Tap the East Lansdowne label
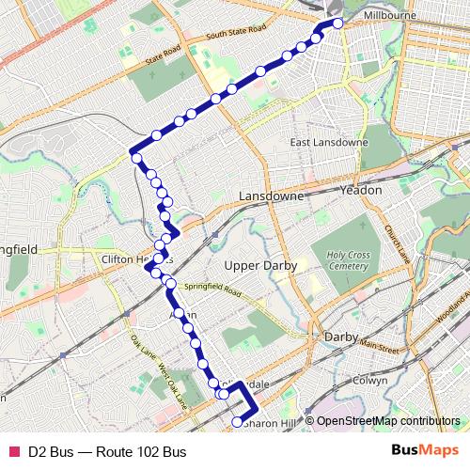coord(325,143)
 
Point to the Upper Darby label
coord(260,266)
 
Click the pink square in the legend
coord(13,452)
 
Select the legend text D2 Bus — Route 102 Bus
coord(106,452)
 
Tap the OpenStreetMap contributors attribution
coord(383,422)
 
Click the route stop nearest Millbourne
coord(338,23)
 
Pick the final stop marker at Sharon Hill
coord(236,424)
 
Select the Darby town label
coord(337,336)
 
